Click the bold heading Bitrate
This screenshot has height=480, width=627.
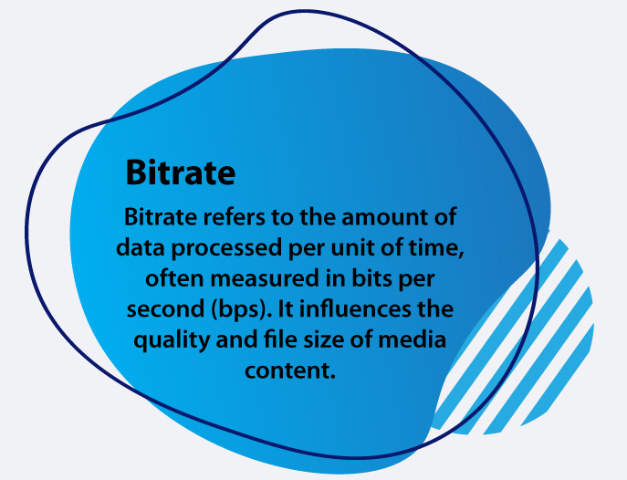click(x=180, y=172)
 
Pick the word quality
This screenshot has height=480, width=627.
click(x=169, y=342)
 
